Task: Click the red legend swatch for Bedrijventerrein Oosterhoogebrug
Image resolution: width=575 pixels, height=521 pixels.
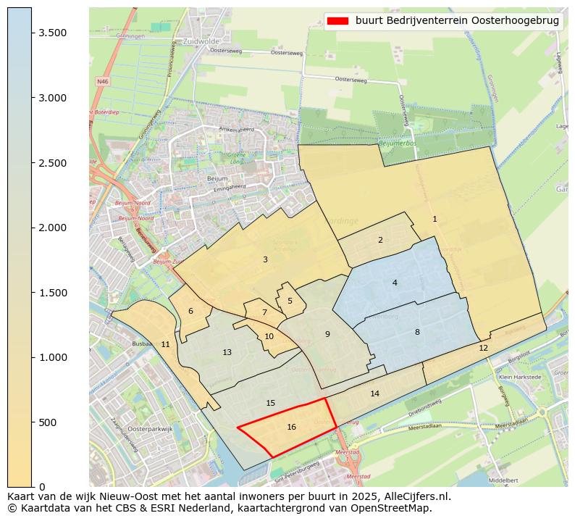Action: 337,21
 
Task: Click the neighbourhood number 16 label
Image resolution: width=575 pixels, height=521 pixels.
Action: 291,428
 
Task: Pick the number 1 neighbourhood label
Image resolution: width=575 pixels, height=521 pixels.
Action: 435,219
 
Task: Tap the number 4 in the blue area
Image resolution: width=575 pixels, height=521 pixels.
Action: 395,283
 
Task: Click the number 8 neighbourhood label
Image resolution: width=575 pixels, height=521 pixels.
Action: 417,333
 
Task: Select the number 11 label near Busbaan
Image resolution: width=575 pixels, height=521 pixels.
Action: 165,344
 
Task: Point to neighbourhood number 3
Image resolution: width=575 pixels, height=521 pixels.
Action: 265,259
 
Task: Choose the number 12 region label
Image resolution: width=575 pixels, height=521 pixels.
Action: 483,349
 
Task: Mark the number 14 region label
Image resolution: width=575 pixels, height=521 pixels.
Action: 374,394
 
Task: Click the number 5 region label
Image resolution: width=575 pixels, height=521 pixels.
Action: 290,301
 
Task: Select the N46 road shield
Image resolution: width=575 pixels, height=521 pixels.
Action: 102,82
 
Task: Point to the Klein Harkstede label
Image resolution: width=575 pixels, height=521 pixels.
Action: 520,378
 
